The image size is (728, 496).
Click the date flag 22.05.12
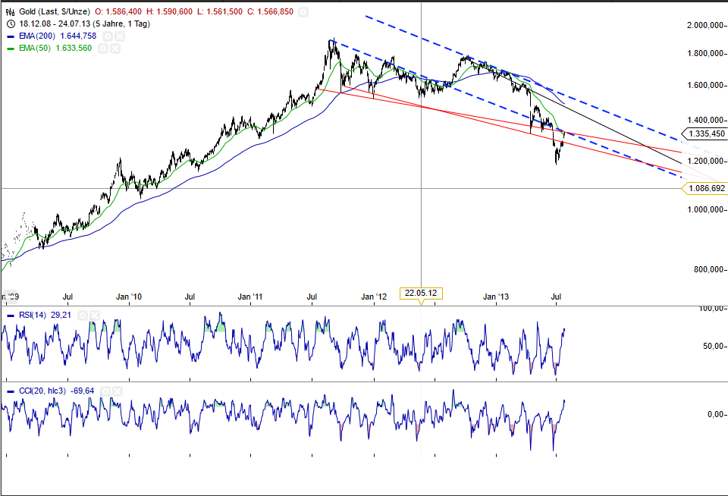coord(421,292)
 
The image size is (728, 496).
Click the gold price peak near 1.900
coord(331,39)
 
